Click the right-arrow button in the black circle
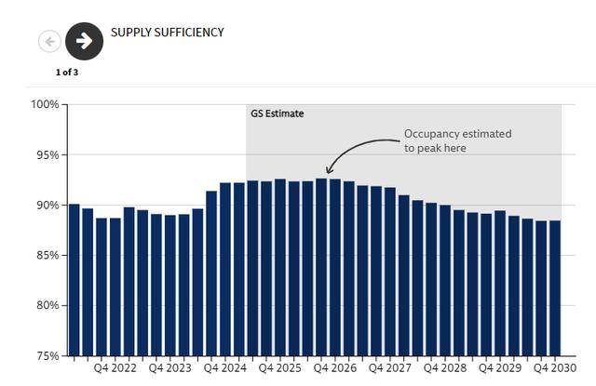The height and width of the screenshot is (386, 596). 85,41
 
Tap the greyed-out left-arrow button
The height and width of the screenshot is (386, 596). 49,41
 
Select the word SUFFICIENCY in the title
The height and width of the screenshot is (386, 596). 190,33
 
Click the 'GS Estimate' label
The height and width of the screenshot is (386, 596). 278,113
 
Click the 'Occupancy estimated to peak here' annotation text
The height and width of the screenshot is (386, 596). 457,141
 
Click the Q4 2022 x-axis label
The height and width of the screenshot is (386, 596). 116,368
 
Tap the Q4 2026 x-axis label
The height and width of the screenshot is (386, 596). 334,368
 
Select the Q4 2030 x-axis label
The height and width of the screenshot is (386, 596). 554,368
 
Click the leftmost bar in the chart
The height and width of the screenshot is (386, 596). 74,279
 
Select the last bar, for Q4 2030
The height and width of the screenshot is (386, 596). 554,287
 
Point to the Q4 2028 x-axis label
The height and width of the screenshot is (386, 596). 444,368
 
